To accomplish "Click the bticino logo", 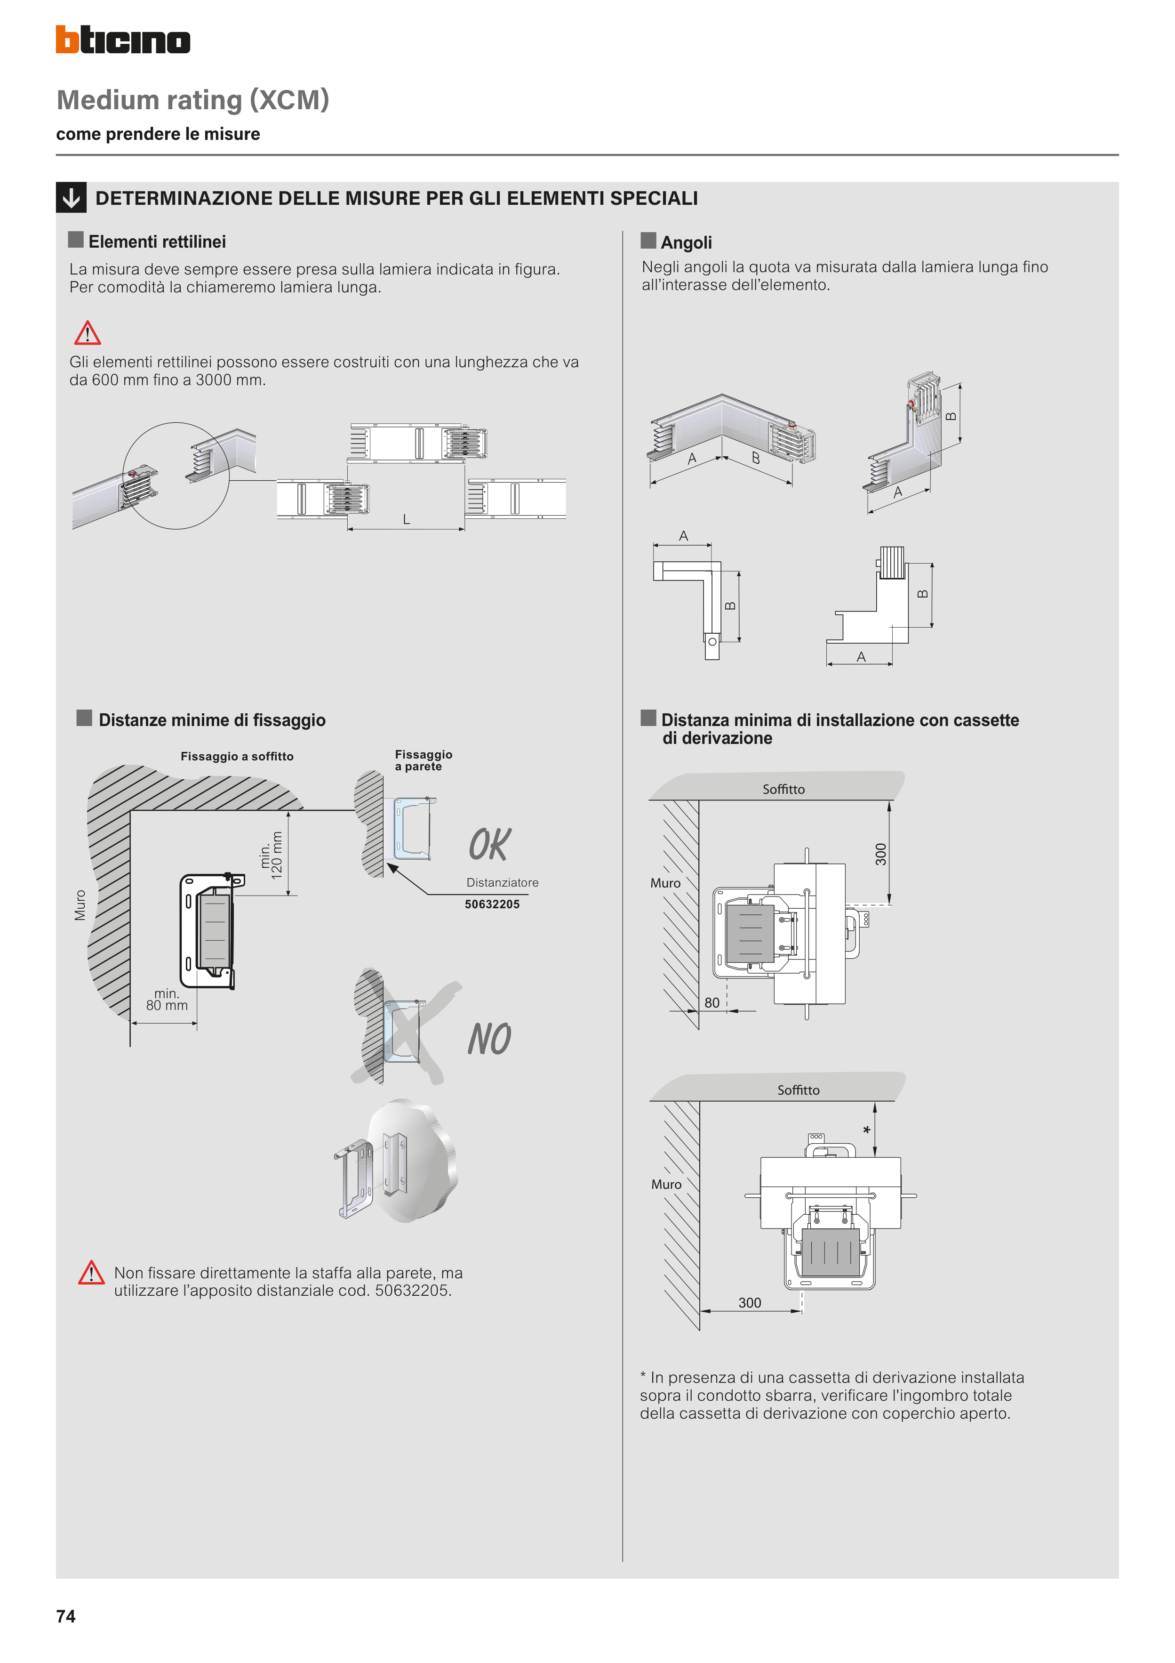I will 123,40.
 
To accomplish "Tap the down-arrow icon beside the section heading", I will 71,198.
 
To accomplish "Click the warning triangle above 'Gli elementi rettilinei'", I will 88,333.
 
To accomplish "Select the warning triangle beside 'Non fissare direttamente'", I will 91,1273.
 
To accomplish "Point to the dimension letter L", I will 406,519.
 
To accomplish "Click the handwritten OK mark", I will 489,845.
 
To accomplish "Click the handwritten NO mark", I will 489,1040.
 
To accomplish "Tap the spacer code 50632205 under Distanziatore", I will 492,904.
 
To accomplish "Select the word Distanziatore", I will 503,882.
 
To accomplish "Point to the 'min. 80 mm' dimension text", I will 167,1000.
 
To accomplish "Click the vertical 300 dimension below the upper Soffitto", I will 881,854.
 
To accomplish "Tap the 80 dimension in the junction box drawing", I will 712,1002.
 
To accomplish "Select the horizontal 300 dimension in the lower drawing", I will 750,1302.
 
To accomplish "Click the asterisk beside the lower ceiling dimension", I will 867,1130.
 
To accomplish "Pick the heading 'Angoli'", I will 686,242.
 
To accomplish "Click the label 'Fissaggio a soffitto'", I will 237,756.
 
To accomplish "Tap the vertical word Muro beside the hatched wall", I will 80,905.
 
